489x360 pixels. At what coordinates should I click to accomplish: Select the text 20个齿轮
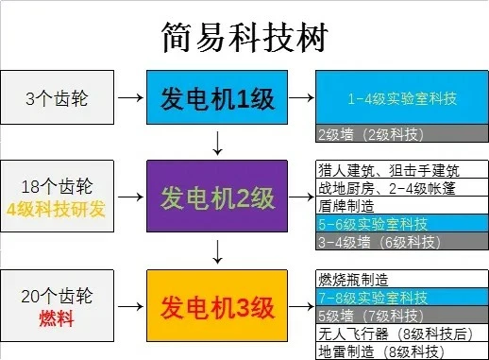point(56,296)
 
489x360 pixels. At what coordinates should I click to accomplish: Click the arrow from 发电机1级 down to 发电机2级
point(218,143)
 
